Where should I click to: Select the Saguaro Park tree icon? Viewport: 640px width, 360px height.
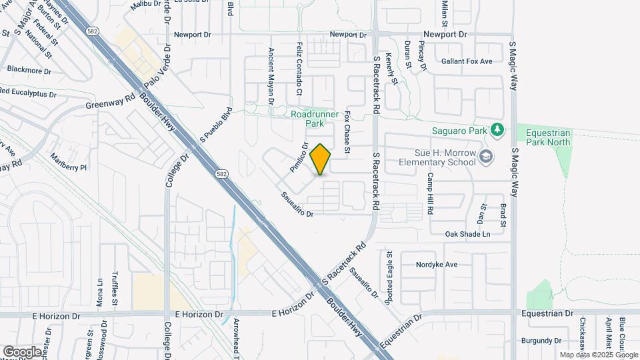click(496, 129)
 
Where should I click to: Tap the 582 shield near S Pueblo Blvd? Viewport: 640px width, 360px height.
click(220, 174)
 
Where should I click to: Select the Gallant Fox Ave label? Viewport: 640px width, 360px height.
click(467, 61)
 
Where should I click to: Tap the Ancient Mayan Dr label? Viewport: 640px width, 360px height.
click(271, 75)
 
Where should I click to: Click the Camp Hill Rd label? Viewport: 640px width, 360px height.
click(431, 193)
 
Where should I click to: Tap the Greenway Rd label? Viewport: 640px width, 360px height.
click(110, 103)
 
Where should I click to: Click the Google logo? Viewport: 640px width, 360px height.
click(22, 351)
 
